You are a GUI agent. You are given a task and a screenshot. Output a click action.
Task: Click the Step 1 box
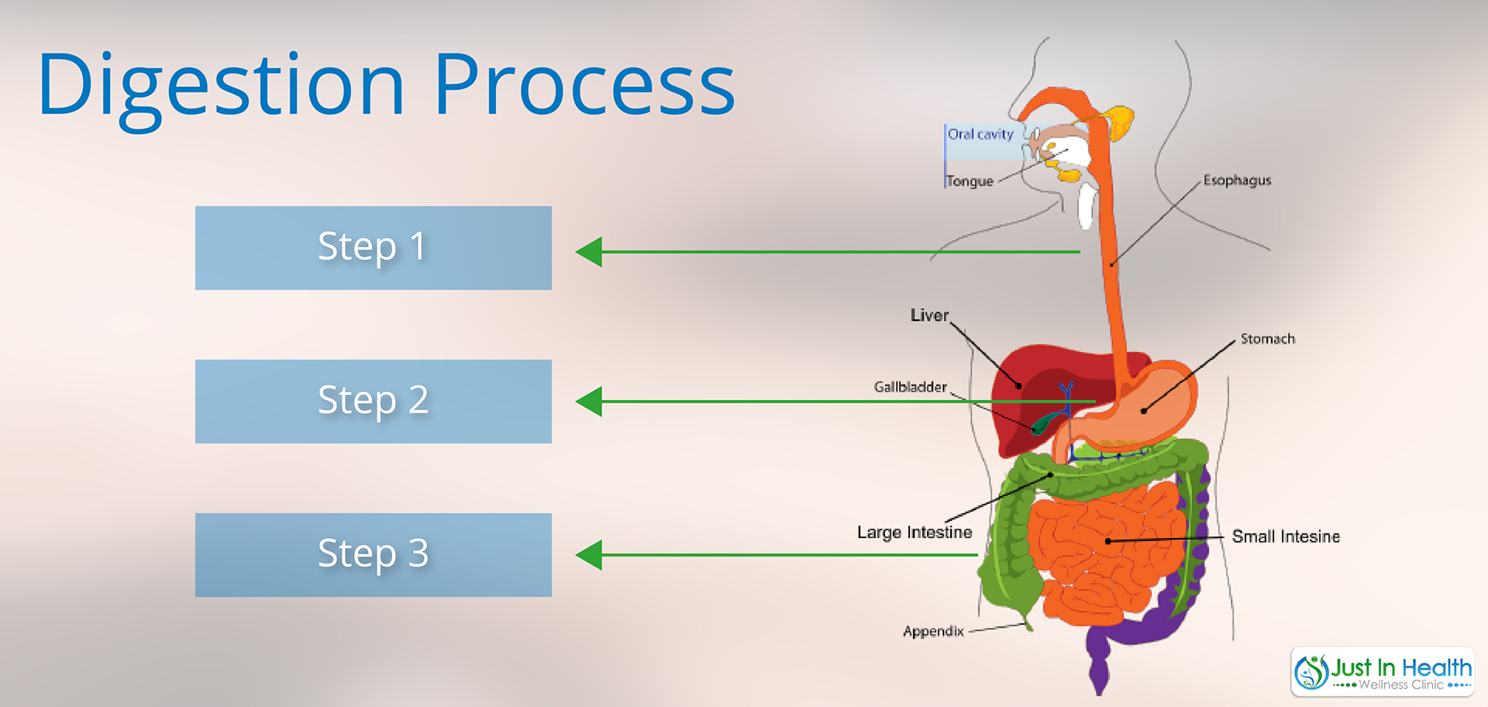(374, 248)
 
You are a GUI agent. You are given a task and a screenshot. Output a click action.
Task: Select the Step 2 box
(374, 402)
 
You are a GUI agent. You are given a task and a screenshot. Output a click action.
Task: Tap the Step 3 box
(374, 555)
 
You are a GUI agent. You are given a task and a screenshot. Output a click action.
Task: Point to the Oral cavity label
(980, 134)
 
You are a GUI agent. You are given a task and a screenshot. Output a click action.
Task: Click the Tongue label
(970, 181)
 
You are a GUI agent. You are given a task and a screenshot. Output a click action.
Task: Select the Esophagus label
(1237, 181)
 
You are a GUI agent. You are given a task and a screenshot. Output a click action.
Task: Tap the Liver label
(929, 316)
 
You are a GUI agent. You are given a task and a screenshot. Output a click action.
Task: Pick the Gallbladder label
(910, 387)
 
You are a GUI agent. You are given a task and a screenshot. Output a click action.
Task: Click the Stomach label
(1267, 339)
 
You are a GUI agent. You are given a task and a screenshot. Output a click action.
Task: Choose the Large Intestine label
(914, 533)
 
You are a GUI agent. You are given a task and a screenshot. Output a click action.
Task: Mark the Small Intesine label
(1286, 536)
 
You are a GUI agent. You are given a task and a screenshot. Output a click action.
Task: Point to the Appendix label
(933, 631)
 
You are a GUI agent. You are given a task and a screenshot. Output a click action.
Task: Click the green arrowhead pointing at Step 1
(589, 252)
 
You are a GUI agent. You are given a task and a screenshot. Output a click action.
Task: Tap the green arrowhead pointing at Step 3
(589, 555)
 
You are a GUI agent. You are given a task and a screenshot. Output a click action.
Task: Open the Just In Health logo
(1383, 672)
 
